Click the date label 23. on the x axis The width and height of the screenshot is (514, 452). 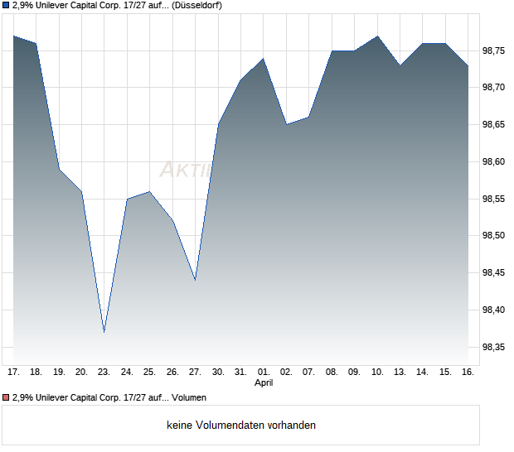tap(104, 373)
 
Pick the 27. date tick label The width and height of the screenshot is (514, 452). tap(195, 373)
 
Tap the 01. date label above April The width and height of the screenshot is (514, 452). tap(263, 373)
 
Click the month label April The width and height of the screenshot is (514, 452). tap(263, 383)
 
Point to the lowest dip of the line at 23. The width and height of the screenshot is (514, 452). tap(104, 332)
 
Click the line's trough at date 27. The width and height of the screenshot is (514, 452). tap(195, 280)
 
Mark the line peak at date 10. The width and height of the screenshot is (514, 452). tap(377, 36)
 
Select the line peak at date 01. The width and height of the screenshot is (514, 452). tap(263, 59)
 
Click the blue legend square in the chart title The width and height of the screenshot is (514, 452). tap(6, 5)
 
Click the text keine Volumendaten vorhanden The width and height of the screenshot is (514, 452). tap(241, 426)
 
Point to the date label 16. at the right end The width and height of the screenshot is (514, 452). tap(468, 373)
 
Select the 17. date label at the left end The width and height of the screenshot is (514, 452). tap(13, 373)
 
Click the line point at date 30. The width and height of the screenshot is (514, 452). tap(218, 124)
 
